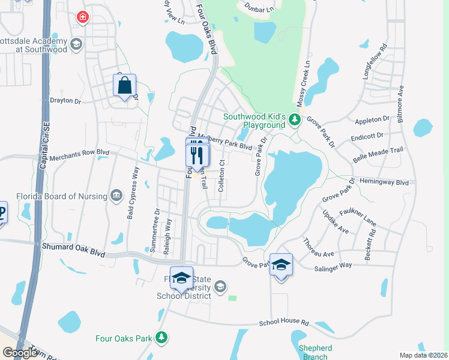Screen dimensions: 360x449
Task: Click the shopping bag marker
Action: coord(124,86)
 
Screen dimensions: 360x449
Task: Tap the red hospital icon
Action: coord(82,18)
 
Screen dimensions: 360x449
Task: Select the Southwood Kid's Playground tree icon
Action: coord(294,119)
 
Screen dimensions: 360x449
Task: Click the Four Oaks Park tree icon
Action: coord(161,338)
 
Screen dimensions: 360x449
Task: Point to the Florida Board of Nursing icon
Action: coord(116,196)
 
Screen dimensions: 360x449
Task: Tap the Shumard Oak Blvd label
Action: coord(70,248)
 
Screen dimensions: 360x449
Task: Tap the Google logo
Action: coord(20,353)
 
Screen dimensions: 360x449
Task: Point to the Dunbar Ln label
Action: coord(259,8)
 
